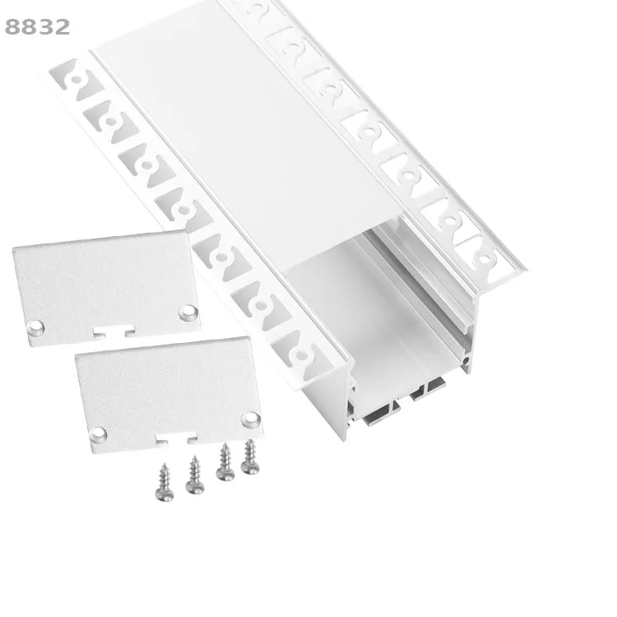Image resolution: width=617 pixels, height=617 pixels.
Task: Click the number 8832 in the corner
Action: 38,27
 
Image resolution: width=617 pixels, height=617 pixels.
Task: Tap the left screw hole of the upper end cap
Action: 36,327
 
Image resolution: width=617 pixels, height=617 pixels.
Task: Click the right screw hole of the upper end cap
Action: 188,312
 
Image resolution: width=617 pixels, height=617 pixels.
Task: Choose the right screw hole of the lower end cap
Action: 249,420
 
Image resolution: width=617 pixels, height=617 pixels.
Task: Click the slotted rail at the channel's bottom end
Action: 403,400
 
